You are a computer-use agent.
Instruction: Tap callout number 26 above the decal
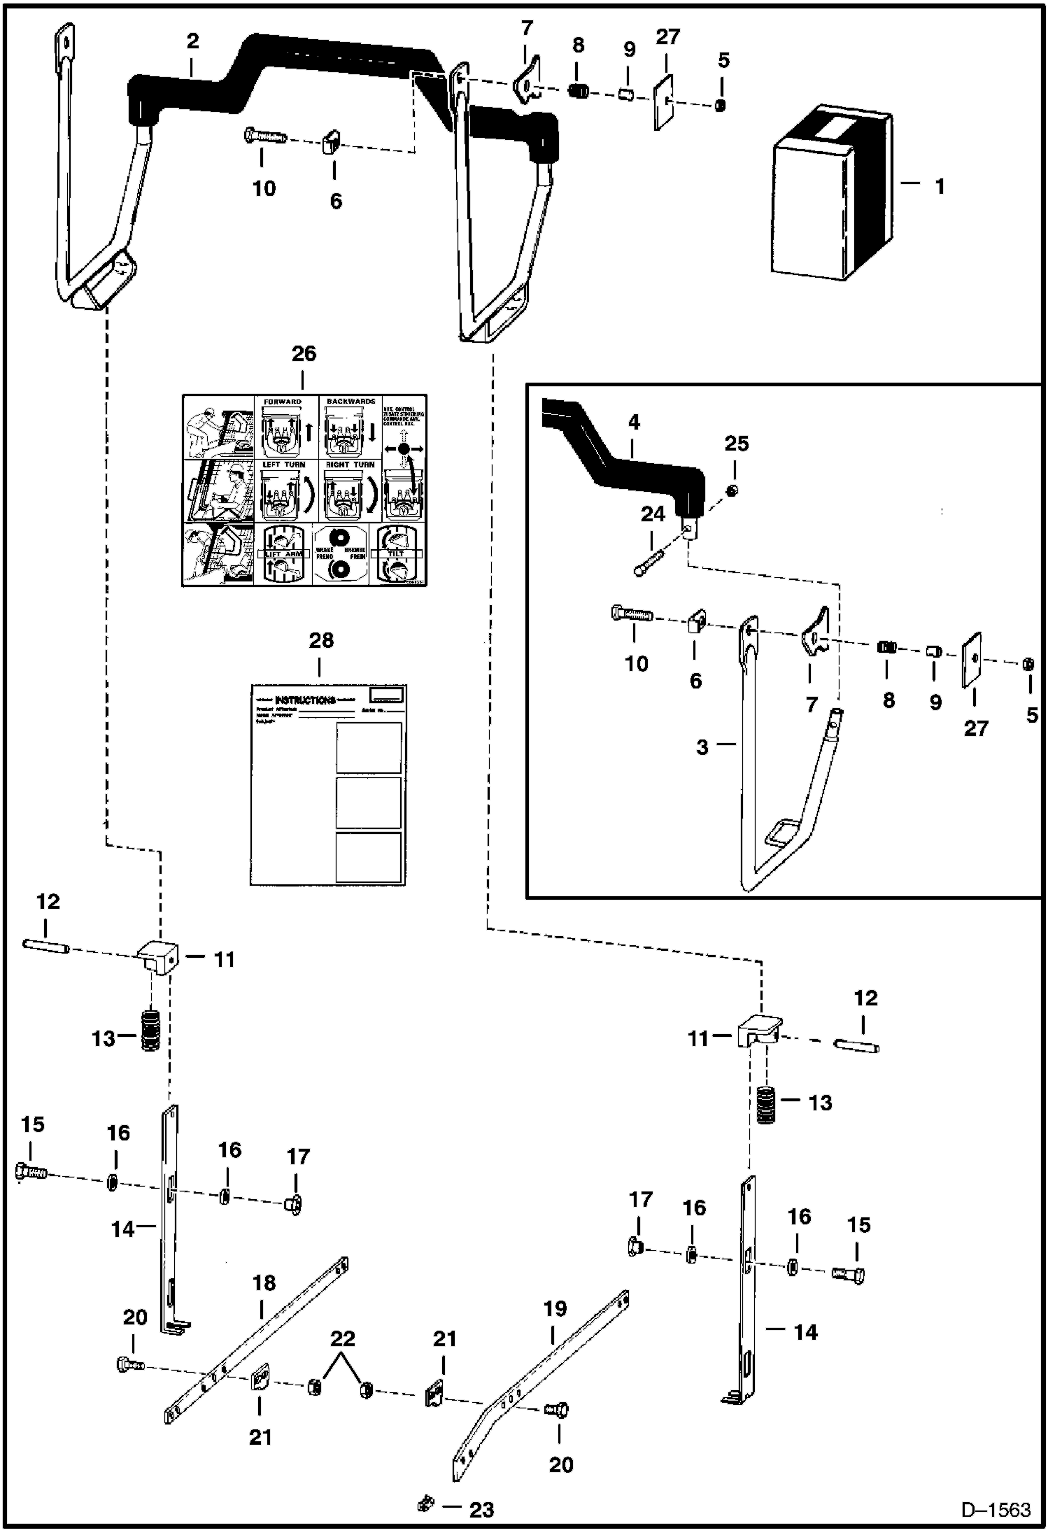304,354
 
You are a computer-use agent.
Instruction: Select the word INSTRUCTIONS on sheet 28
305,700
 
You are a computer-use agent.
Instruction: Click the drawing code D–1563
996,1510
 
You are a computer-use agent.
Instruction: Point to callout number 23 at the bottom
481,1510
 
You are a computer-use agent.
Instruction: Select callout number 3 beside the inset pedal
702,747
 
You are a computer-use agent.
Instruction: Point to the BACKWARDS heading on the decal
350,402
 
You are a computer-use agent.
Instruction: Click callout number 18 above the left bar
264,1282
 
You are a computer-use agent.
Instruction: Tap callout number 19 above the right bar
555,1308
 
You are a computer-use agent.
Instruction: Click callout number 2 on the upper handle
192,41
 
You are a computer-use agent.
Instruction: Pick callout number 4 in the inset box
634,423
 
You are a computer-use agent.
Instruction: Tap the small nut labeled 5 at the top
721,106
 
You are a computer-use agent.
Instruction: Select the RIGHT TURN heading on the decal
350,465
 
